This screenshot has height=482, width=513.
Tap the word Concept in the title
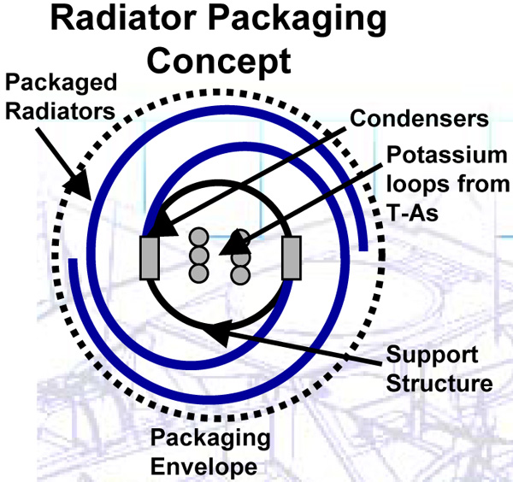coord(219,62)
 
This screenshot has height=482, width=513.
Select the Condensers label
coord(420,118)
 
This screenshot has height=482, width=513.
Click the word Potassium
coord(447,155)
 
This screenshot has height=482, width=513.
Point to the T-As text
coord(412,213)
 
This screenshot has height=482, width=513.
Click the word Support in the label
coord(433,356)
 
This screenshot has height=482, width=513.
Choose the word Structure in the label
coord(439,383)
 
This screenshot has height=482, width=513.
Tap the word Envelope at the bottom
coord(203,467)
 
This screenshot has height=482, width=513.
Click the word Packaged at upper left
coord(62,83)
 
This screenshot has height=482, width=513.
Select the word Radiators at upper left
coord(60,111)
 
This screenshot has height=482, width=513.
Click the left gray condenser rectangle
coord(150,258)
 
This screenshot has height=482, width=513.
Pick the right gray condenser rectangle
coord(292,258)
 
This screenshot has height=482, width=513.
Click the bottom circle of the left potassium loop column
coord(198,273)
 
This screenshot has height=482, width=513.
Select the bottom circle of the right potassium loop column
coord(240,274)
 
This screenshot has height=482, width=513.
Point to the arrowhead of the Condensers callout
coord(163,225)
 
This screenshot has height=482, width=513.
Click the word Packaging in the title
coord(297,20)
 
